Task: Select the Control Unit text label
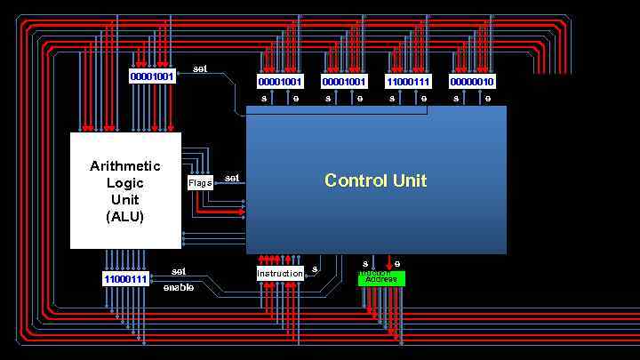375,180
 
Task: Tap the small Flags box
200,183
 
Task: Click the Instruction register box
280,274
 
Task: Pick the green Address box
381,279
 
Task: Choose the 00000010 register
472,82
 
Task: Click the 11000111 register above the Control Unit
408,82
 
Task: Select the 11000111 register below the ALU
125,279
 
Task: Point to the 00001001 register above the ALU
152,76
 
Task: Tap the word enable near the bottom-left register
178,287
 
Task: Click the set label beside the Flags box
232,178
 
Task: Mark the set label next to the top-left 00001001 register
200,68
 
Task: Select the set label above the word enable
179,271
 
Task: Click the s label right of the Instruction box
315,268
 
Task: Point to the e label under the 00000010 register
488,99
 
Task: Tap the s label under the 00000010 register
456,99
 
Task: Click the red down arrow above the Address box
388,264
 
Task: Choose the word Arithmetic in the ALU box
125,166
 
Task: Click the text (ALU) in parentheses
125,216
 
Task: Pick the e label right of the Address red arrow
397,264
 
